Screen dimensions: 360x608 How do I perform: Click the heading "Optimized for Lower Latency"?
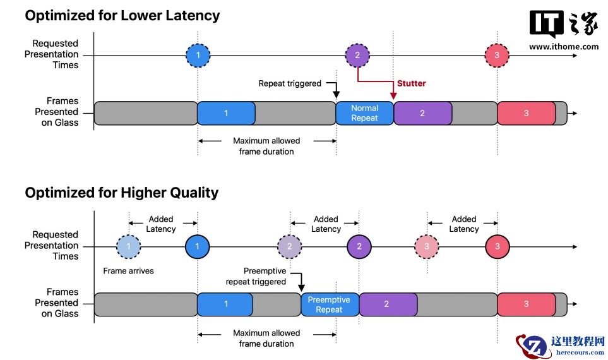(122, 16)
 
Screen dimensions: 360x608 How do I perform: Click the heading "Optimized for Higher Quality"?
(121, 193)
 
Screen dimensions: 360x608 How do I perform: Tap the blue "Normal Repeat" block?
(364, 113)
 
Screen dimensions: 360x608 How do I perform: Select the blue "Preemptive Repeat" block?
(329, 304)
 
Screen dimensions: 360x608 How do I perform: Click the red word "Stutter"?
(411, 83)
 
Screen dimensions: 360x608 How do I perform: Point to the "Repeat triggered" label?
(290, 83)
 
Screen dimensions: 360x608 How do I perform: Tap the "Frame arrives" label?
(128, 271)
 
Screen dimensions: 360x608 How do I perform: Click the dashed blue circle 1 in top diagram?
(198, 56)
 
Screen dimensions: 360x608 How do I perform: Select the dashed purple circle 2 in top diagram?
(357, 56)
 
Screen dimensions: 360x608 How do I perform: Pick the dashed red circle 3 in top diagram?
(497, 56)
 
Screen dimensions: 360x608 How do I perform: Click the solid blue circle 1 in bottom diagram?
(197, 246)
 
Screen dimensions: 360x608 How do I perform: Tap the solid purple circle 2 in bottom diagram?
(359, 246)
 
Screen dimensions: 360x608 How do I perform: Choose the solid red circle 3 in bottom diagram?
(497, 246)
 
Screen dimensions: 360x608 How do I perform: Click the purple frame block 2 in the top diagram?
(422, 113)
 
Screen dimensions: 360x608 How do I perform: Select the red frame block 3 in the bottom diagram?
(526, 304)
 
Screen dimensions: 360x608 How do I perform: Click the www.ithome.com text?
(564, 47)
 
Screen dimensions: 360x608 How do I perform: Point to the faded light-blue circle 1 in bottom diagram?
(129, 246)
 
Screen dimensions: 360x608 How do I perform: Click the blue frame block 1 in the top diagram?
(226, 113)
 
